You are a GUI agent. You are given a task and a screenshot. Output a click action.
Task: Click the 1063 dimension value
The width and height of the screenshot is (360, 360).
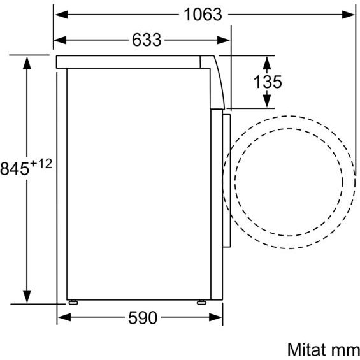click(203, 15)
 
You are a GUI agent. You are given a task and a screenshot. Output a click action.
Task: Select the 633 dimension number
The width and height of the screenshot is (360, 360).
click(147, 40)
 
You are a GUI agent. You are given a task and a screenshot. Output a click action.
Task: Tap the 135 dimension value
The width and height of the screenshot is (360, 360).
click(268, 82)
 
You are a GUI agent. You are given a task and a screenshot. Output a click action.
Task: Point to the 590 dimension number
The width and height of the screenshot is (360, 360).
click(143, 318)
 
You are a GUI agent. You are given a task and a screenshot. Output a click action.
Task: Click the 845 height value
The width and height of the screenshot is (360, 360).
click(15, 169)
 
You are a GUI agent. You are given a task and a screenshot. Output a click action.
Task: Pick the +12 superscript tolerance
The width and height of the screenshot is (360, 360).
click(41, 164)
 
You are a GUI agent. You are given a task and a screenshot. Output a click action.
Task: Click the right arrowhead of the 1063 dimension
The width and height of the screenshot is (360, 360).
click(349, 15)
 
